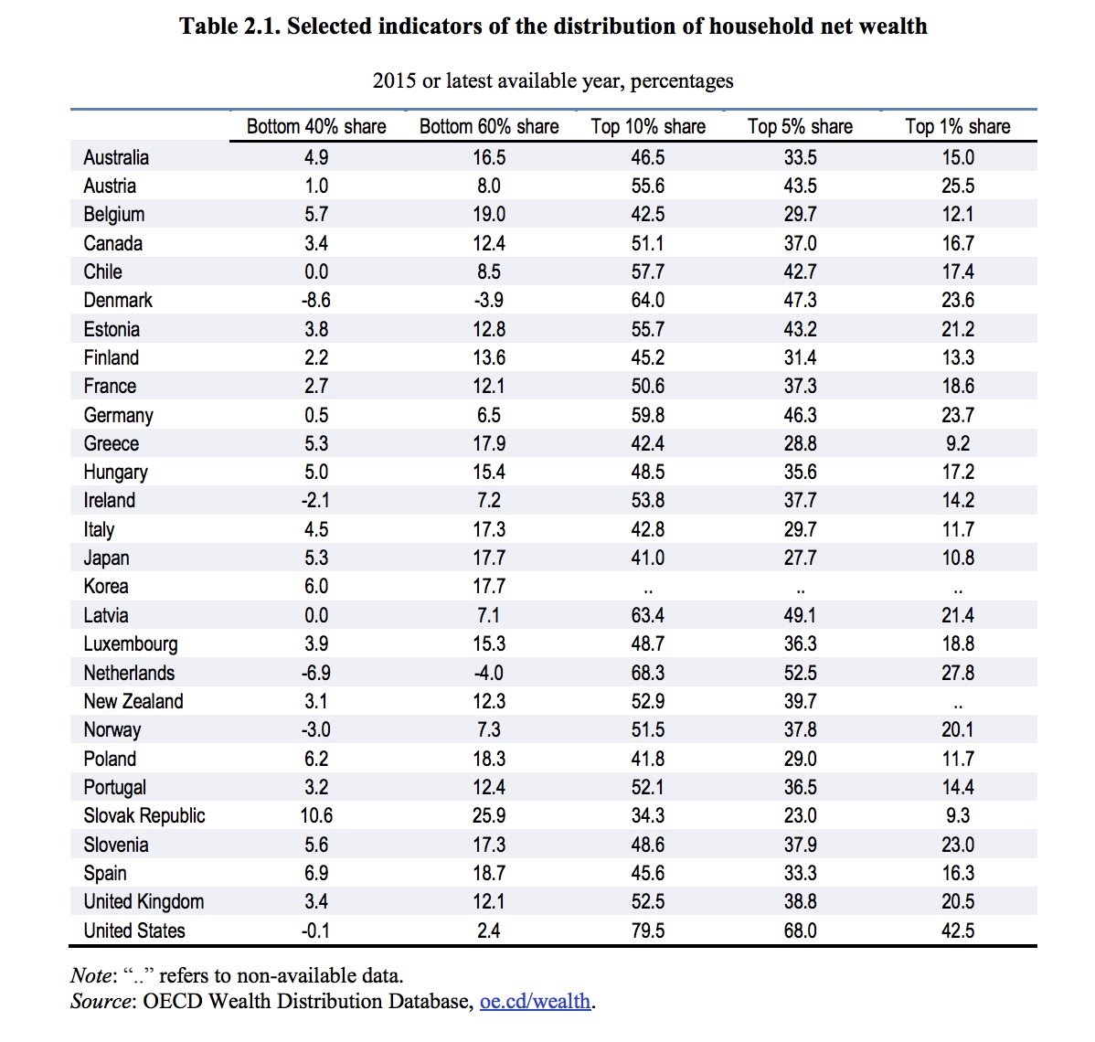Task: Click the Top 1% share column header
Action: tap(957, 127)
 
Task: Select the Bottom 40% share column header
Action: tap(316, 127)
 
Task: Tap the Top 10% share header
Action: tap(648, 127)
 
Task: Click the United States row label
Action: tap(134, 930)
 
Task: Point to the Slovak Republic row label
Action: tap(144, 815)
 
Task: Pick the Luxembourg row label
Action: tap(131, 643)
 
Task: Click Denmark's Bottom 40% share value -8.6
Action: tap(316, 300)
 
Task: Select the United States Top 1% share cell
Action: tap(958, 930)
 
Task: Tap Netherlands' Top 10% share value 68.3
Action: tap(648, 673)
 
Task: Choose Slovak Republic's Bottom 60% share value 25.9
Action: tap(489, 815)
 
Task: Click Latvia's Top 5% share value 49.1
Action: tap(801, 615)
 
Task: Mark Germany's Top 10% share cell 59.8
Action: tap(648, 415)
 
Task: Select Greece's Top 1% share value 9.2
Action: tap(958, 443)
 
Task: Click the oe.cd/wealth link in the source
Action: tap(536, 1001)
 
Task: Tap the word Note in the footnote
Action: tap(90, 974)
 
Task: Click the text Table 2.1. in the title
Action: tap(230, 26)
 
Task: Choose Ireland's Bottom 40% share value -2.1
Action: tap(316, 500)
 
